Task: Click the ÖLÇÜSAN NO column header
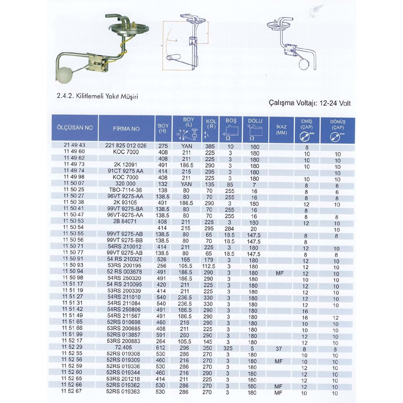tap(75, 128)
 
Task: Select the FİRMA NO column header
tap(126, 129)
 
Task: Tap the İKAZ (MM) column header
tap(281, 129)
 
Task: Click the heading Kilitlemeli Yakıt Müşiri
tap(97, 96)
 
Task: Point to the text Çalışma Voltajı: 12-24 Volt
tap(310, 103)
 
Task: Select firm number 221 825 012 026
tap(126, 146)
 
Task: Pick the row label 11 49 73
tap(74, 164)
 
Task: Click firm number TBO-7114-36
tap(125, 190)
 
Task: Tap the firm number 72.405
tap(123, 347)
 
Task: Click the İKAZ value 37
tap(279, 349)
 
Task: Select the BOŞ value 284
tap(229, 229)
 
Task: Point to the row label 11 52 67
tap(71, 391)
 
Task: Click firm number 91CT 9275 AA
tap(125, 171)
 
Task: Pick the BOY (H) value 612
tap(161, 348)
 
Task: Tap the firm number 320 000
tap(125, 184)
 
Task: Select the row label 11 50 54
tap(73, 227)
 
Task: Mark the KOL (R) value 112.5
tap(208, 266)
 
